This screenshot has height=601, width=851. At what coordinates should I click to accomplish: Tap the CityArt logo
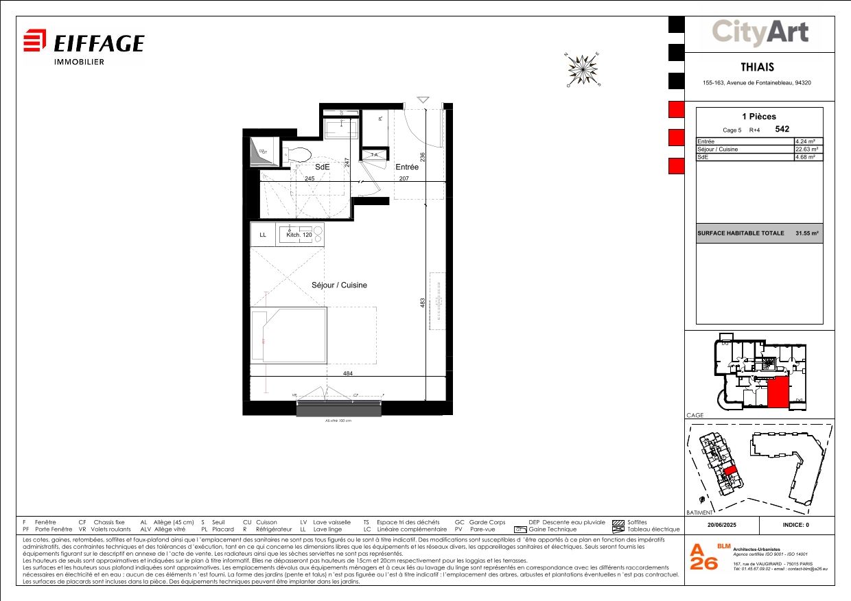760,32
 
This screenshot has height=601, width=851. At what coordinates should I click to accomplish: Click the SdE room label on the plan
322,167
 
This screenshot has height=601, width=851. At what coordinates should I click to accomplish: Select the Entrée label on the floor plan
407,167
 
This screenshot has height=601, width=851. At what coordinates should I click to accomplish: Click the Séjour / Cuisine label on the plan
340,285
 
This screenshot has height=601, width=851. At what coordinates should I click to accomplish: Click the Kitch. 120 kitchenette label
299,235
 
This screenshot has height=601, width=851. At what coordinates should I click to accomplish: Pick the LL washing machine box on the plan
263,235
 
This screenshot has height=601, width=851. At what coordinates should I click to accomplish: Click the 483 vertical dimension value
423,302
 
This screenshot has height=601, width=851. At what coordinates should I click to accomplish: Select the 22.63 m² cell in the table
808,149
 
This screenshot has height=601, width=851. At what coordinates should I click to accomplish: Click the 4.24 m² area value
808,141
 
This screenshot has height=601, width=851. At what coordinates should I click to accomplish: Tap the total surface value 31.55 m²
806,233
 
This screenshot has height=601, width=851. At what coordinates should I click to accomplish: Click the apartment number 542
782,129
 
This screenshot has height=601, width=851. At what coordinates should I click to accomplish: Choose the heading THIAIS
758,67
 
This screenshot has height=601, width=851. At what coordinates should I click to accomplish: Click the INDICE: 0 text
796,525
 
